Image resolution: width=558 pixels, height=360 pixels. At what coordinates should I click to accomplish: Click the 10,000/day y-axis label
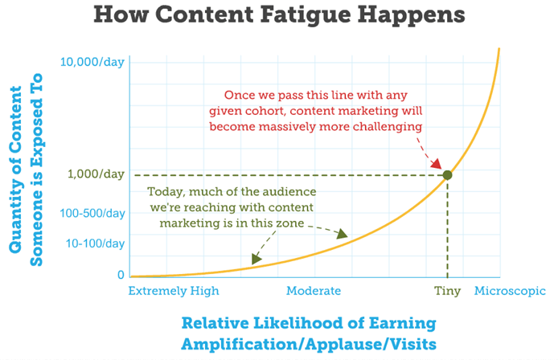click(x=92, y=62)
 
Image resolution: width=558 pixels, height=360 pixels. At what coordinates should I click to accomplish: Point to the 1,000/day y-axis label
click(x=96, y=174)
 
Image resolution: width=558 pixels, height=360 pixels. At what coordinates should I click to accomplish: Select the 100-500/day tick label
click(x=92, y=213)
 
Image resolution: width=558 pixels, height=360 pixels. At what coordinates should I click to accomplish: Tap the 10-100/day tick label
click(x=96, y=243)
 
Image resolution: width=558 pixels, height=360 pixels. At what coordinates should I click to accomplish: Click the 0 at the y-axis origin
click(x=121, y=275)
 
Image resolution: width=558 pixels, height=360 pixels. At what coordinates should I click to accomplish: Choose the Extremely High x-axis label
click(x=174, y=291)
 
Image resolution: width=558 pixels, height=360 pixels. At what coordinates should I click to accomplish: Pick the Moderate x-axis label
click(x=314, y=291)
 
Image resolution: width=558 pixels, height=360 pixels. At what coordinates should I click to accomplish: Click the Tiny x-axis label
click(x=447, y=292)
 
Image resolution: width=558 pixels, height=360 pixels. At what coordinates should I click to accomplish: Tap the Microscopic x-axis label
click(x=510, y=291)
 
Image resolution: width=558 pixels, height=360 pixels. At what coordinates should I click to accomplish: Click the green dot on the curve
click(x=447, y=175)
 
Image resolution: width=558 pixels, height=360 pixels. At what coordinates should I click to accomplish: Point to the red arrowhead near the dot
click(x=436, y=164)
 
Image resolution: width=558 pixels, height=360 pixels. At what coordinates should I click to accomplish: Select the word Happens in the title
click(x=412, y=15)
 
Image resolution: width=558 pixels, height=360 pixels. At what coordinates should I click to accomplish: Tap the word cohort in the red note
click(x=268, y=111)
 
